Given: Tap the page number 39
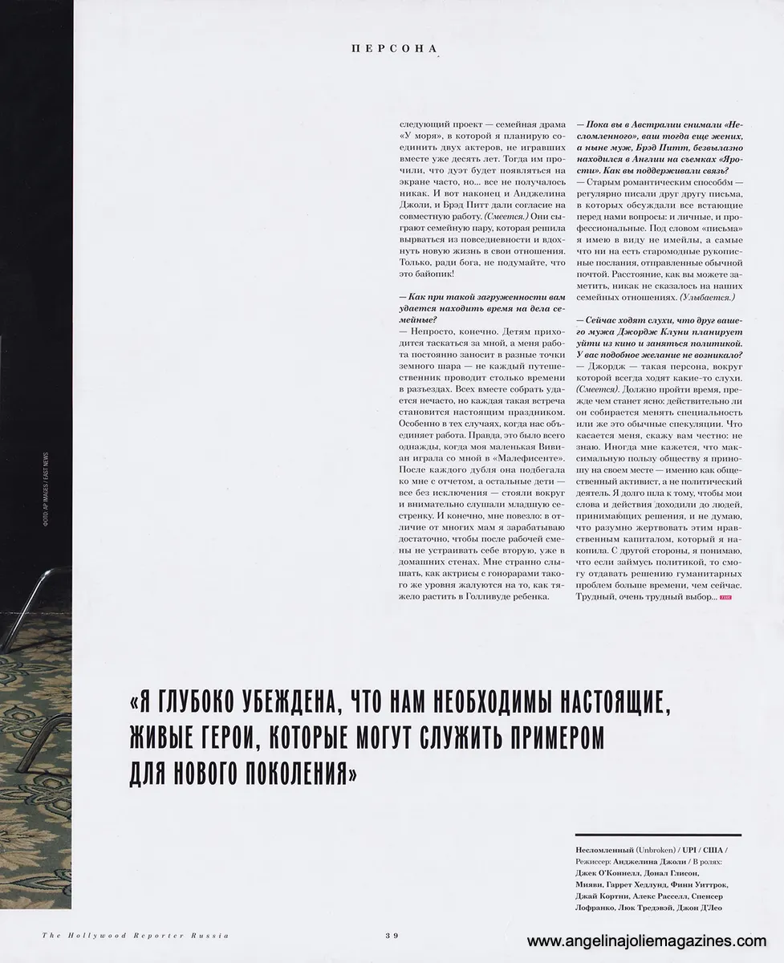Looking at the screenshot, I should coord(392,935).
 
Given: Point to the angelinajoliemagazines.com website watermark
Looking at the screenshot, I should coord(652,941).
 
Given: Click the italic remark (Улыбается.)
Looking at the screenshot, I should coord(705,298).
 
